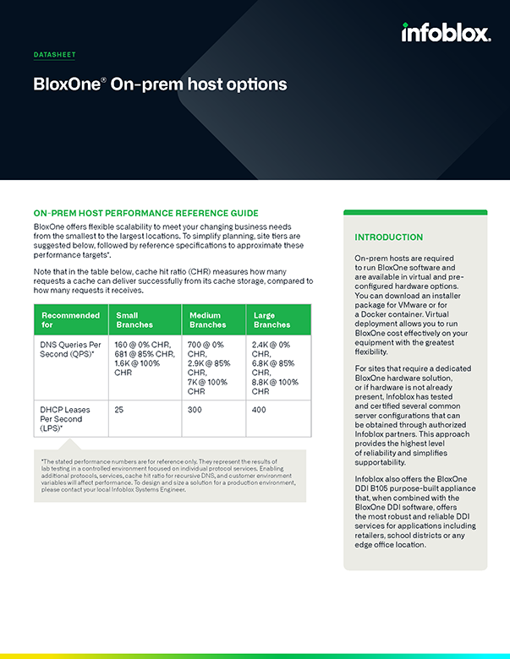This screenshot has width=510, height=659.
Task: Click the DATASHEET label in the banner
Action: point(54,55)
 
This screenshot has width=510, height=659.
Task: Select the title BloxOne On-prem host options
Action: point(160,84)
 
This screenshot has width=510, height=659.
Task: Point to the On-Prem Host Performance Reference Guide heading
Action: point(145,213)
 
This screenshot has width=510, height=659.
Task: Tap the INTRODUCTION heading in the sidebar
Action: point(389,237)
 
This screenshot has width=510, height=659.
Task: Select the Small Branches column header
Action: point(135,319)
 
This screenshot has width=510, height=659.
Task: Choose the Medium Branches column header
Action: point(208,319)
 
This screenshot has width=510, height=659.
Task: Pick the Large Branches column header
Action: point(271,319)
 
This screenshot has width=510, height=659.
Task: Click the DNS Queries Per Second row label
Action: point(71,351)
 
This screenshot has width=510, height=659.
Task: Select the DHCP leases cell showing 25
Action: point(120,409)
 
